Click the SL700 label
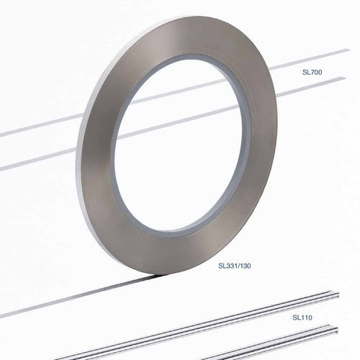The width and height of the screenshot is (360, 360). [x=312, y=73]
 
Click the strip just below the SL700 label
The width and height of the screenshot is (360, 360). [x=317, y=84]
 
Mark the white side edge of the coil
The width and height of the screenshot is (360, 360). [x=89, y=202]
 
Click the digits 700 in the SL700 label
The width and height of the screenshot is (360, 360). [x=318, y=73]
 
